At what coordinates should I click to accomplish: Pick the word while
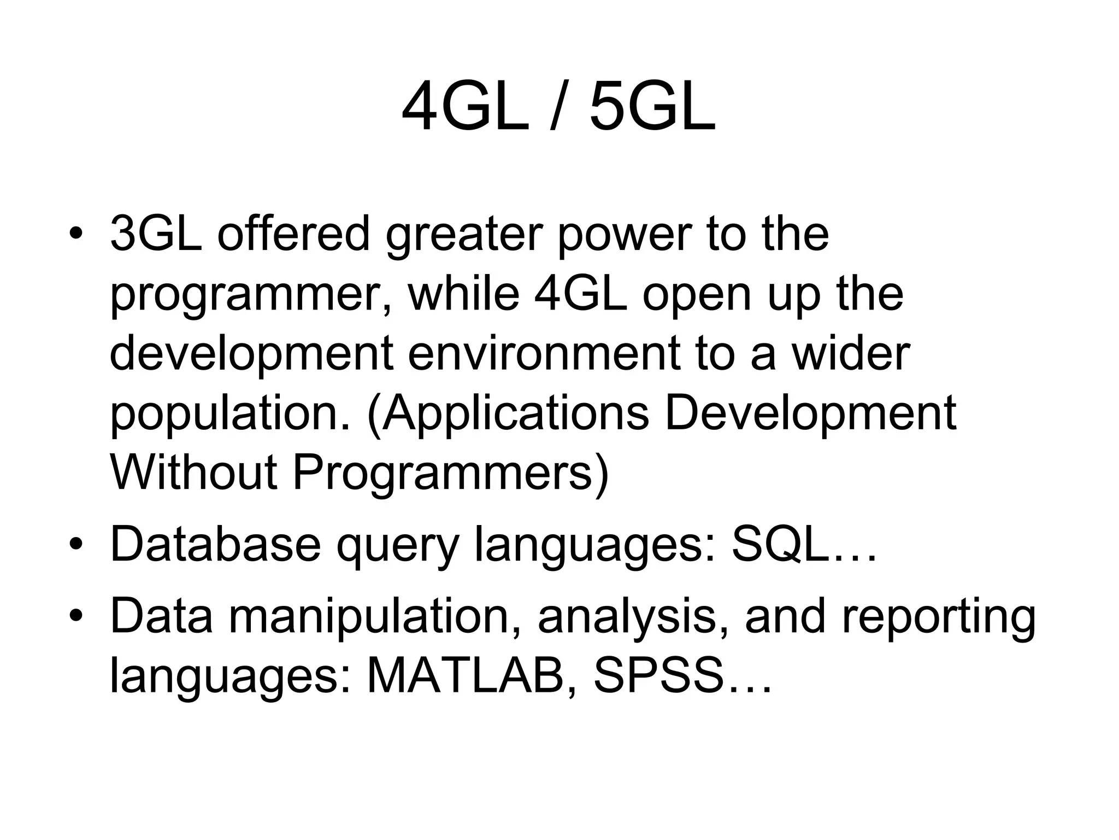464,294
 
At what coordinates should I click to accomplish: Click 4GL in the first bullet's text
581,294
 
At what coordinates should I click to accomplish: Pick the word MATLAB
465,678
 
